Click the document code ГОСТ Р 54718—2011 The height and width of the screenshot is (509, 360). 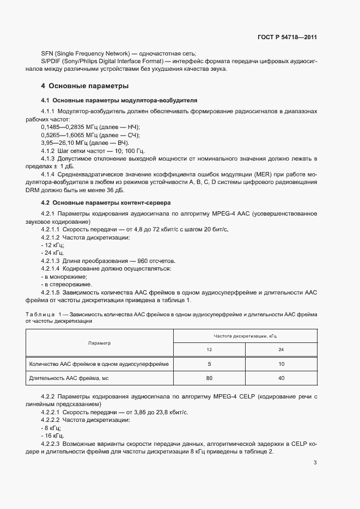286,38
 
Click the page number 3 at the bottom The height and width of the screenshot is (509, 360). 315,463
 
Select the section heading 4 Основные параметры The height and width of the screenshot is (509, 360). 85,86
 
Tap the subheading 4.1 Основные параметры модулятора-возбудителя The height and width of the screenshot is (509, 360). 119,100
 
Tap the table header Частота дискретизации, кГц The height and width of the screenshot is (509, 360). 245,336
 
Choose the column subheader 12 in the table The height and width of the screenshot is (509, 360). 209,350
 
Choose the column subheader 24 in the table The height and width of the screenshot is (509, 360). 281,350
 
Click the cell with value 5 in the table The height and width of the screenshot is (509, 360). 209,364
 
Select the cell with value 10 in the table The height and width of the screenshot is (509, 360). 281,364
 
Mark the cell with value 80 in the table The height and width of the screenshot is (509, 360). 209,378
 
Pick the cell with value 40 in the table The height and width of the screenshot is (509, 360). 281,378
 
